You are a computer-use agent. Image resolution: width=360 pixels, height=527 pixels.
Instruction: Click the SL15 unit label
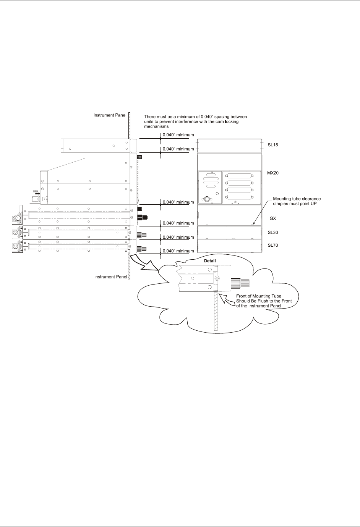[x=273, y=145]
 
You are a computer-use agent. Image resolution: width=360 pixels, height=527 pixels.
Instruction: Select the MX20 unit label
[x=273, y=173]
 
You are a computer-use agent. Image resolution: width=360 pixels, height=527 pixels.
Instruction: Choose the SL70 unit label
[x=273, y=245]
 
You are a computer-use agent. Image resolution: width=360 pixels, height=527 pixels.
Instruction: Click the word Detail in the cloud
[x=210, y=261]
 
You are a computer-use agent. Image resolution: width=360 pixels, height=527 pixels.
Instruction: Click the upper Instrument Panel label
[x=110, y=115]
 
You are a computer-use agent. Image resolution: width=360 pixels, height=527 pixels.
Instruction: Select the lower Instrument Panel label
[x=111, y=277]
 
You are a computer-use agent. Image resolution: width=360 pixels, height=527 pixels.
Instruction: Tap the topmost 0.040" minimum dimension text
[x=178, y=135]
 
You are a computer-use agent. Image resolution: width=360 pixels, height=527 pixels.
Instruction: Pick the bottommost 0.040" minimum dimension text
[x=178, y=251]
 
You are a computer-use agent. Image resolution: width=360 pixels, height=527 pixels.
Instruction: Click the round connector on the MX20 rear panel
[x=207, y=199]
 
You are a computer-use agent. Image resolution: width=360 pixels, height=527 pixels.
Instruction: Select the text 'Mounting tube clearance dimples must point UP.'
[x=297, y=201]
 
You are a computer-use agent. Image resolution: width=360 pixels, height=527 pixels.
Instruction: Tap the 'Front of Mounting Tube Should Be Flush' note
[x=264, y=301]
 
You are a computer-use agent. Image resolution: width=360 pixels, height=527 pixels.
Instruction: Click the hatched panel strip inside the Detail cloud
[x=216, y=313]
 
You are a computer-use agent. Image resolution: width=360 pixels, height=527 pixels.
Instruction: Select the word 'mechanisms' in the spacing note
[x=156, y=126]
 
